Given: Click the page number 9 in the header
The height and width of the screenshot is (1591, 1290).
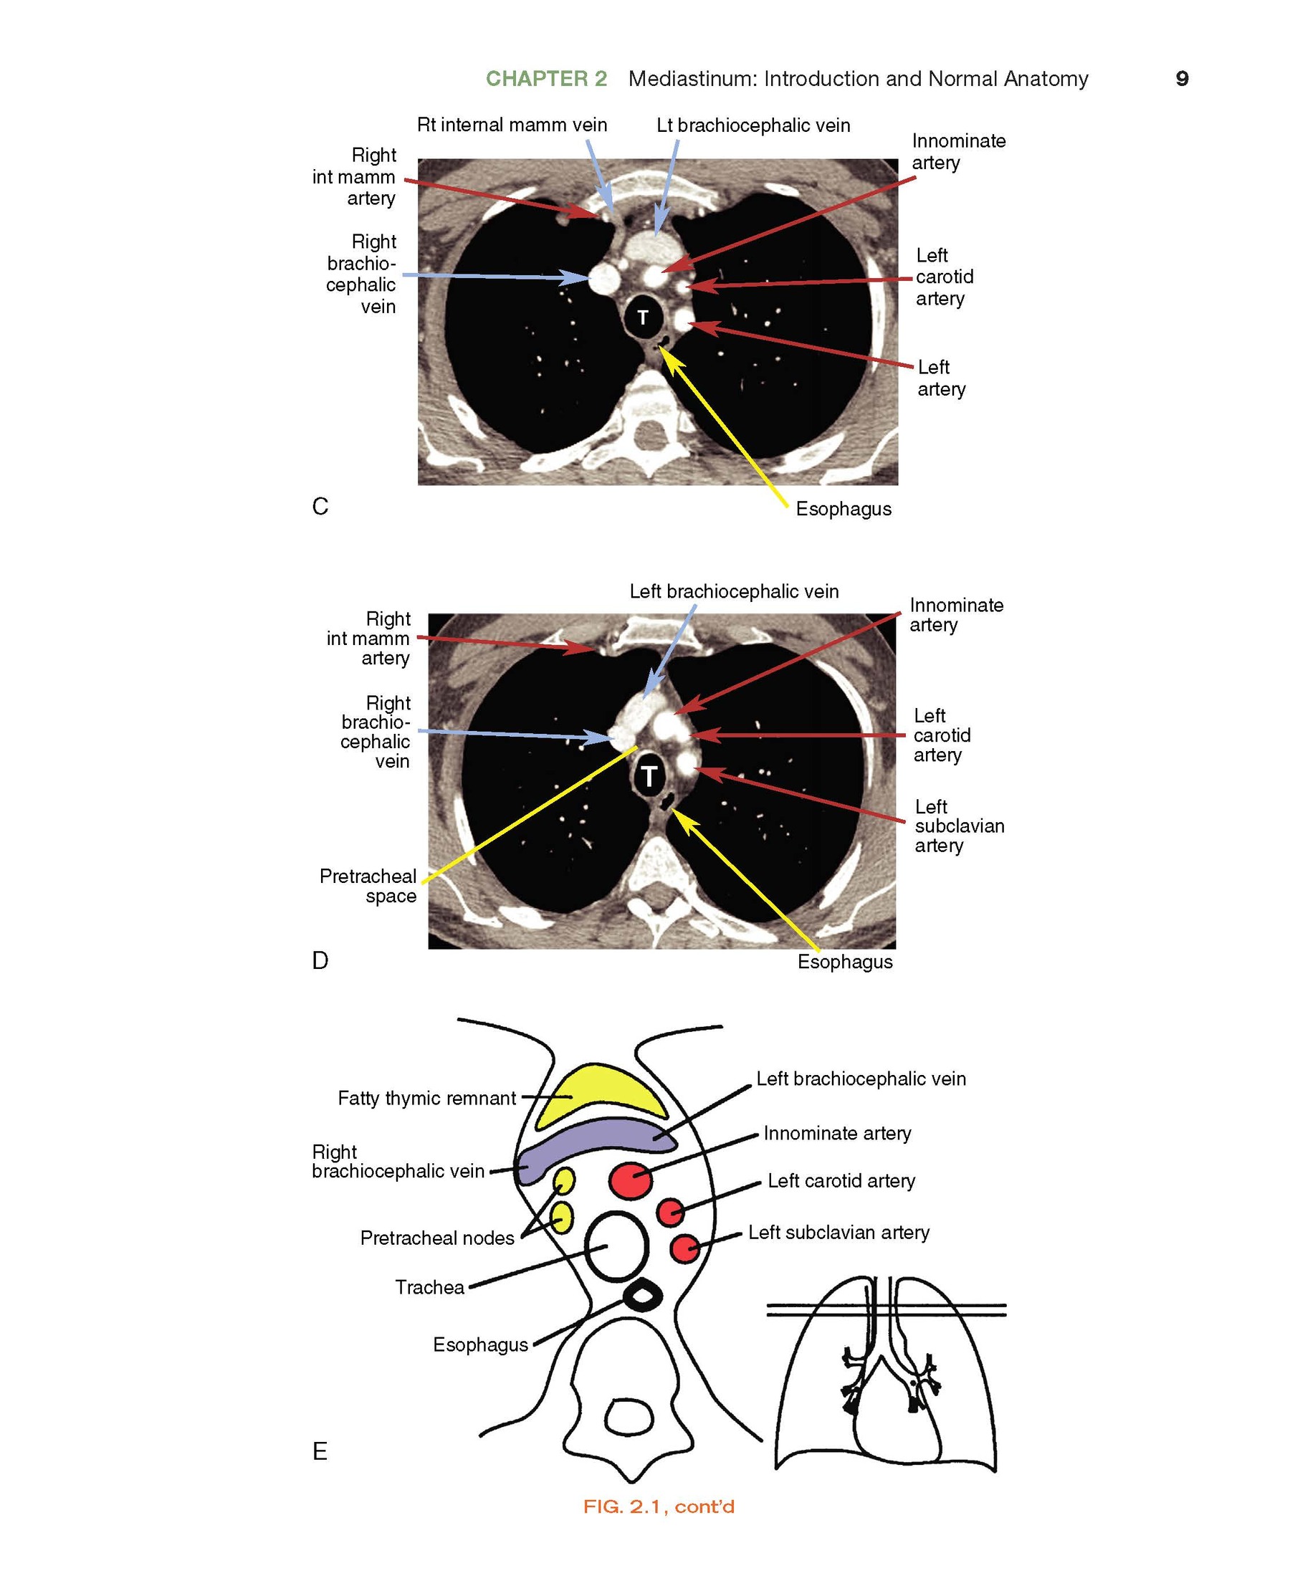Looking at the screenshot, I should (1182, 79).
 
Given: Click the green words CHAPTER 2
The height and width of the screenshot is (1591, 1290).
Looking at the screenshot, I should (546, 79).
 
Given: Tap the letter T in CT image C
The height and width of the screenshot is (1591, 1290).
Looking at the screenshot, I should (643, 318).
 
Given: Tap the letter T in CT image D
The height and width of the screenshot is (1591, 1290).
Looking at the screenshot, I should (649, 777).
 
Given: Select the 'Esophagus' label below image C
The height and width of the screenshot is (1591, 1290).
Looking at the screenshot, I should (844, 509).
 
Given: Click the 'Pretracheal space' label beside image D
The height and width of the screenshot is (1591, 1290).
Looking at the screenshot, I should (368, 886).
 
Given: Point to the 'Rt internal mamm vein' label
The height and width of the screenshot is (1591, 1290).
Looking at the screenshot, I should (512, 125).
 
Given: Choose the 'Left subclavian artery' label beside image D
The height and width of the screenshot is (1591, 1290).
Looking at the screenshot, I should (959, 826).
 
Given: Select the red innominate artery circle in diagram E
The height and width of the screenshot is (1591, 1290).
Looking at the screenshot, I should (631, 1180).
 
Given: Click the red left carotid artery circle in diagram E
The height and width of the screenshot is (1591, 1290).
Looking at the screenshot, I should (670, 1211).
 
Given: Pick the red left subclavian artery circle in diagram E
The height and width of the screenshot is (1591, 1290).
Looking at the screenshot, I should (684, 1248).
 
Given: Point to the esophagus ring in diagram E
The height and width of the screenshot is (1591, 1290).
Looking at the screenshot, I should (642, 1296).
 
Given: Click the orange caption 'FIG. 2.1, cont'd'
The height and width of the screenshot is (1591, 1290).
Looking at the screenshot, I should (659, 1506).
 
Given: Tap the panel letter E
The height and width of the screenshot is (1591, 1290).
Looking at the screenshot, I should (320, 1451).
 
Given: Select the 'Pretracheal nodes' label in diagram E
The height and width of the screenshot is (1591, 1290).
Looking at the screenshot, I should (437, 1238).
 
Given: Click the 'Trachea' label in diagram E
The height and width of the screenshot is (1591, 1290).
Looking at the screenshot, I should (429, 1287).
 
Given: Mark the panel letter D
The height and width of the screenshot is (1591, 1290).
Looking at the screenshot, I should (320, 961).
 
